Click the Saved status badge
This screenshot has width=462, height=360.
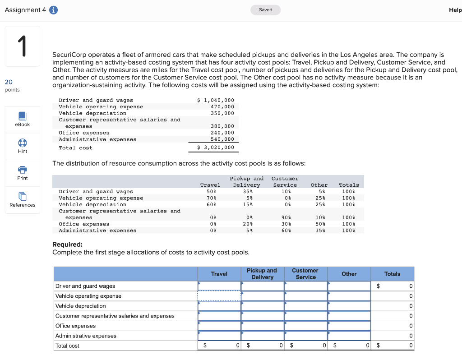[x=266, y=10]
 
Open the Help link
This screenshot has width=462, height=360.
[x=455, y=10]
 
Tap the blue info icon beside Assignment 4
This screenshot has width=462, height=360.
[x=53, y=10]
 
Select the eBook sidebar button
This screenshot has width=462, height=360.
[x=23, y=120]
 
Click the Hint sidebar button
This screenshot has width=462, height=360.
[x=23, y=146]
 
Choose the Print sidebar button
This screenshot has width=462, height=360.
[x=23, y=173]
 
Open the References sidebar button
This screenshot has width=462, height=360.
[x=23, y=200]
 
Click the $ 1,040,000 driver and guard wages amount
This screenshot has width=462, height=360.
[x=216, y=100]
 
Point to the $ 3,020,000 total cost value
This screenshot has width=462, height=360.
[x=216, y=148]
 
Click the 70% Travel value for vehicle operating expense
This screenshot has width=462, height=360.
[x=210, y=198]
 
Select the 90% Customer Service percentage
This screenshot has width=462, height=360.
[x=285, y=217]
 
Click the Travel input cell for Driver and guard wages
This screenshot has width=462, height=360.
[x=219, y=286]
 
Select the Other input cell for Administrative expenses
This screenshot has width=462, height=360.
[x=349, y=336]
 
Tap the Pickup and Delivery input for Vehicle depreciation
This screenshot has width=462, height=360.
[x=263, y=306]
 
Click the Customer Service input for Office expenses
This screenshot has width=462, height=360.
[x=305, y=326]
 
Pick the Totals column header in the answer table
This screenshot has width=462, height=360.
[x=392, y=274]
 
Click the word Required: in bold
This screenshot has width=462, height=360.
[x=67, y=245]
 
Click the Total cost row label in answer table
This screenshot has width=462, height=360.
[x=67, y=346]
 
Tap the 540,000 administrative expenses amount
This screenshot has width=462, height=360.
[x=222, y=139]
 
